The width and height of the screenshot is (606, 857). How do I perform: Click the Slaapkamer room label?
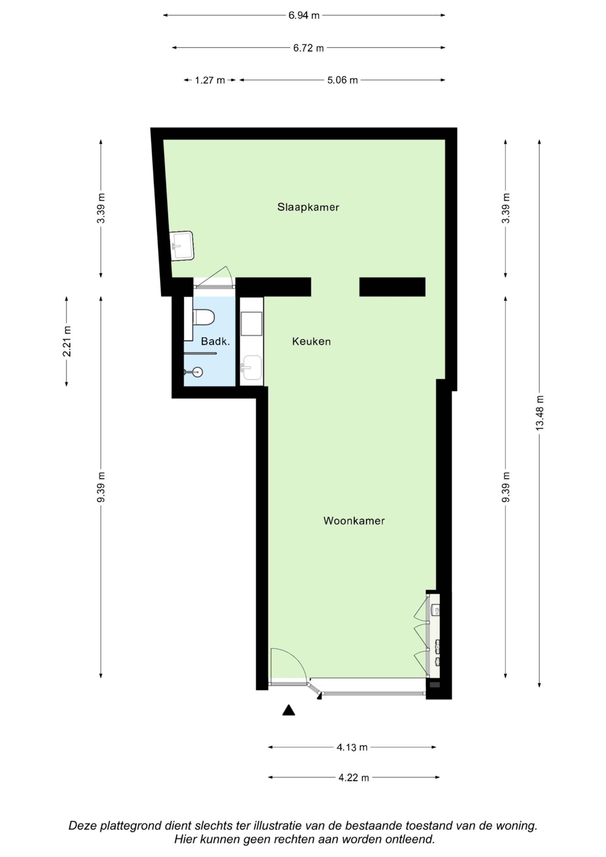308,207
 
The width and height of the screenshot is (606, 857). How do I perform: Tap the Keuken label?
311,341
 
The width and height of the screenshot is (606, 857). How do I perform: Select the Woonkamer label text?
354,521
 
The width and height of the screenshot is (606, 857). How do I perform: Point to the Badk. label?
215,341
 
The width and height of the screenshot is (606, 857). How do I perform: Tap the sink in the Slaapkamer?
182,246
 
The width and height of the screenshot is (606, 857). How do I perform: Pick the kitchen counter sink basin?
251,368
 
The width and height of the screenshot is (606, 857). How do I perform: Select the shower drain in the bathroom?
198,372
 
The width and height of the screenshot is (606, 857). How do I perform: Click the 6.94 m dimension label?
304,16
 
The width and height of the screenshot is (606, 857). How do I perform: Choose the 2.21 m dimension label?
67,341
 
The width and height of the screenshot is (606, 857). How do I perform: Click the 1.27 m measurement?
210,80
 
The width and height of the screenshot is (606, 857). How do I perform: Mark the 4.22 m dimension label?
354,778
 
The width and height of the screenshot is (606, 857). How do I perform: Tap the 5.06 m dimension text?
342,80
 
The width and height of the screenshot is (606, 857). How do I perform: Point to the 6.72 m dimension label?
308,48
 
